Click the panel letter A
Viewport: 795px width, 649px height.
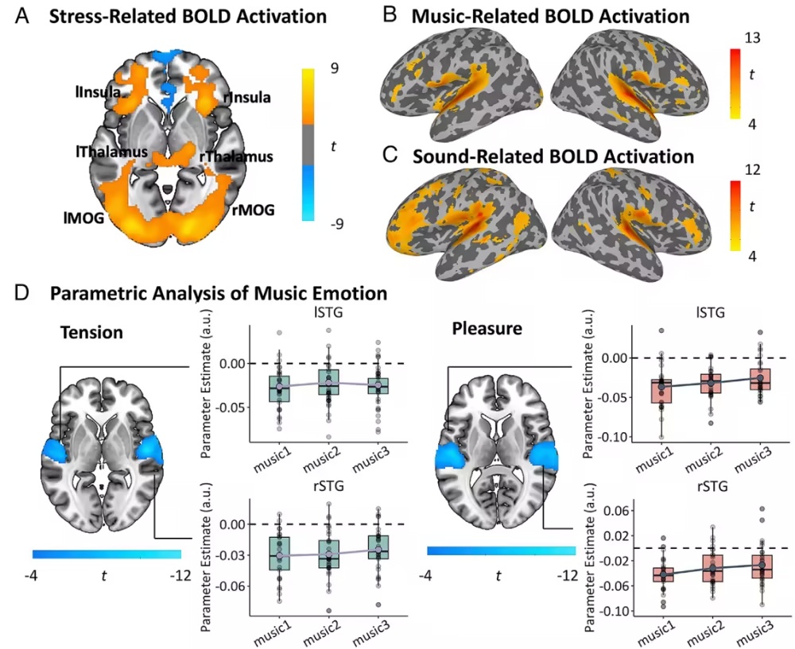tap(22, 16)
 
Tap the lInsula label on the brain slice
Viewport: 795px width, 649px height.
tap(99, 91)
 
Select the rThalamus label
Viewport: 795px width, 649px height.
tap(236, 157)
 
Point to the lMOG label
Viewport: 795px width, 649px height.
tap(83, 218)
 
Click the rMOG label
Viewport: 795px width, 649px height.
tap(254, 209)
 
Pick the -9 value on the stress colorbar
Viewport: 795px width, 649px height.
tap(336, 223)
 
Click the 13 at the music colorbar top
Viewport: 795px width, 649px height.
tap(752, 38)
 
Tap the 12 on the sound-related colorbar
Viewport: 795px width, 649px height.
tap(752, 169)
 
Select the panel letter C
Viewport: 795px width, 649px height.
tap(390, 155)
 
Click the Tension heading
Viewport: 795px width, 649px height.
tap(91, 332)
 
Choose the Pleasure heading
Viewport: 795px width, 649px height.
tap(487, 328)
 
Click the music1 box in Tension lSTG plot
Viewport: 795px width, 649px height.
tap(279, 388)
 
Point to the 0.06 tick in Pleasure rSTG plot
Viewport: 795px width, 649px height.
tap(614, 511)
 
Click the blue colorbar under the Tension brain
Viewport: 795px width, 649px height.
tap(107, 554)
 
